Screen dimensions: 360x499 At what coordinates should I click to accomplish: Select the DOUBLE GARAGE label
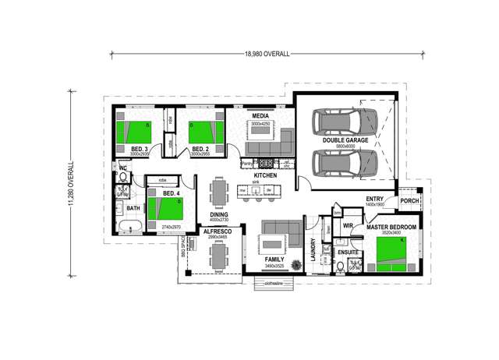point(345,140)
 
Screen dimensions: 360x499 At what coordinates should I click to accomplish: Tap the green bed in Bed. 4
point(165,210)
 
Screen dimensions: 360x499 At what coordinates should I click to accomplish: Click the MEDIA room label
point(260,116)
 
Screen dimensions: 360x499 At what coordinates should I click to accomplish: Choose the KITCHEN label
point(265,177)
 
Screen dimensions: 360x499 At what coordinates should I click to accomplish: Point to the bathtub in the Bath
point(130,227)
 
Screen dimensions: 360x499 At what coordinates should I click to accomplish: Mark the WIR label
point(349,226)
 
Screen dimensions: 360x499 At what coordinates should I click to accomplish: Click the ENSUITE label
point(348,252)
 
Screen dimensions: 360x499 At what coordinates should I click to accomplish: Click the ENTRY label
point(374,199)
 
